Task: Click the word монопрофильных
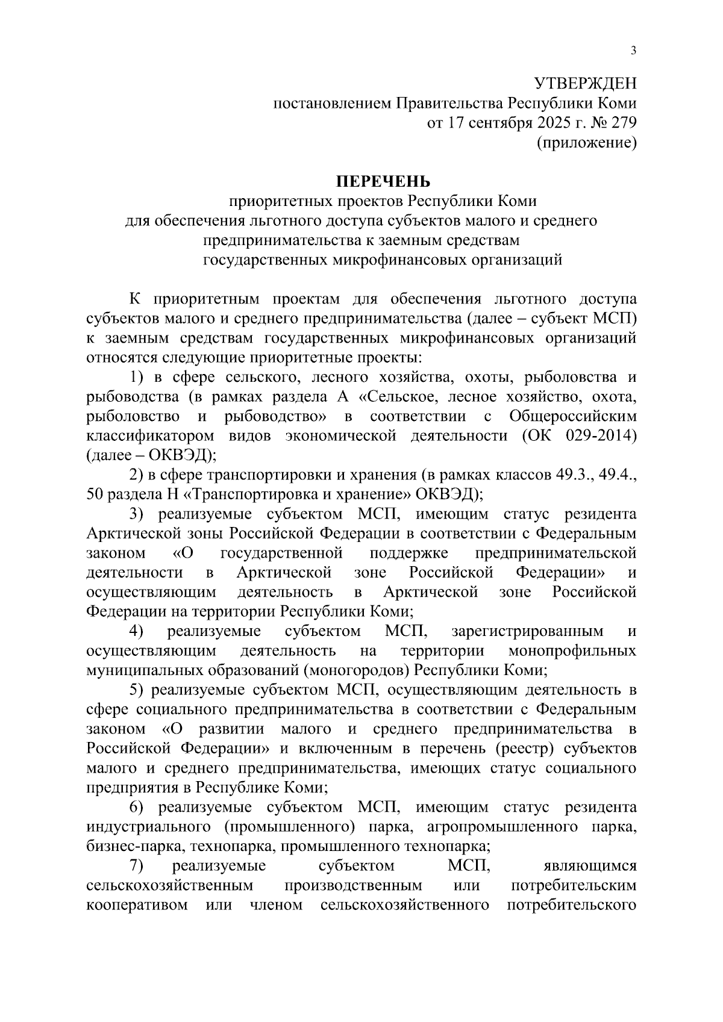[x=572, y=651]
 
